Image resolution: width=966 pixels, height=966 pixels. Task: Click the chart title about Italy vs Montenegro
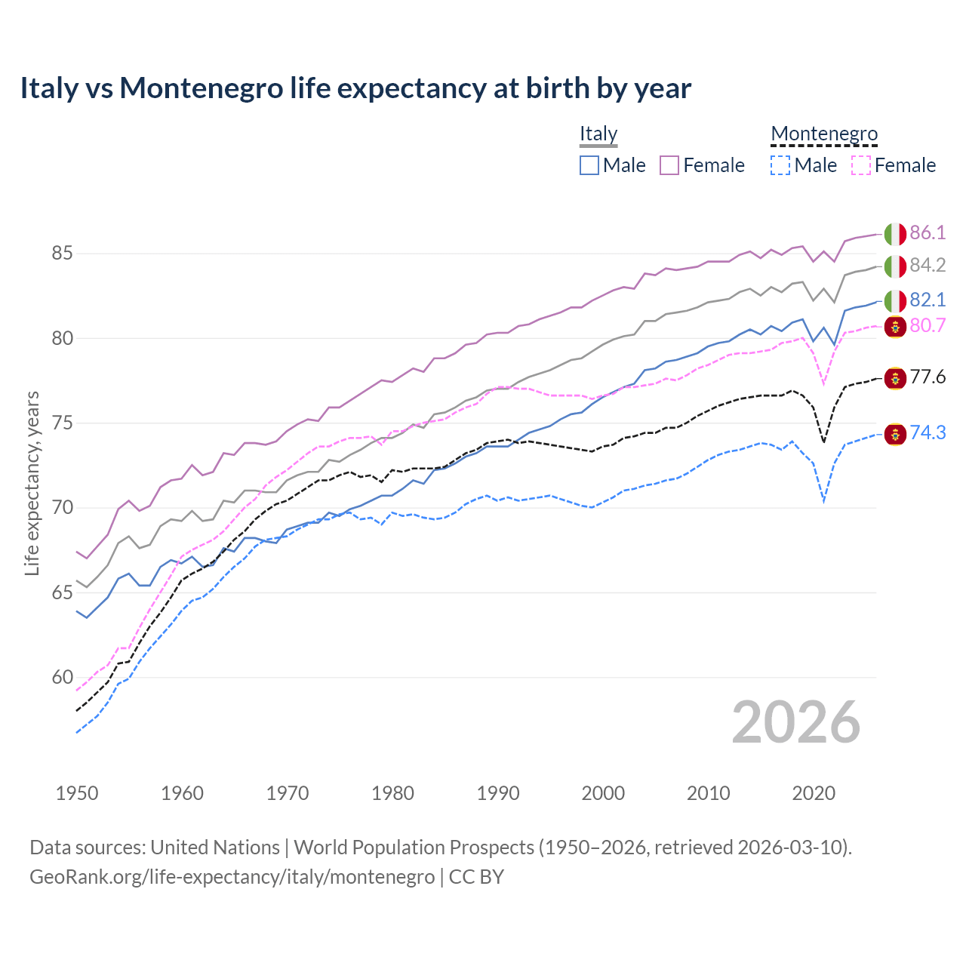click(355, 88)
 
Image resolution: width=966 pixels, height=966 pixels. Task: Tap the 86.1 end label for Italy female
click(928, 232)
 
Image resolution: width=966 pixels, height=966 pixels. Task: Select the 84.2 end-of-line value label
click(928, 265)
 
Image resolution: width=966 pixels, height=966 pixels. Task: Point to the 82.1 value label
click(928, 300)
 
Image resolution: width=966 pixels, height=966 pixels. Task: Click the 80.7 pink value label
click(928, 325)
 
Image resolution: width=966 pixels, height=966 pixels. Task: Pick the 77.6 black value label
click(928, 377)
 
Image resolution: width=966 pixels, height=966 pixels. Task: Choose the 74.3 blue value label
click(928, 432)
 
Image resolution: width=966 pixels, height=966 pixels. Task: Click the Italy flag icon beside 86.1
click(895, 234)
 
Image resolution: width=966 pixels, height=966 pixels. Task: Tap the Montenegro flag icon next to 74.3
click(895, 434)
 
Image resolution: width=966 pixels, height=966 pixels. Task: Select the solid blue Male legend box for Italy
click(589, 165)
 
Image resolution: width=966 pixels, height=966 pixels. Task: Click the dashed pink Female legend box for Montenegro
click(861, 165)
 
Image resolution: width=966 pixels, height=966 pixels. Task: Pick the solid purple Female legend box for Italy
click(669, 165)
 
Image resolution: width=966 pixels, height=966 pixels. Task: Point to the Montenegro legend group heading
click(824, 134)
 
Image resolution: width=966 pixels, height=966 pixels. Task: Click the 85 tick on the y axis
click(62, 254)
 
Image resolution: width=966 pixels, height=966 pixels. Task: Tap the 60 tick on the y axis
click(62, 678)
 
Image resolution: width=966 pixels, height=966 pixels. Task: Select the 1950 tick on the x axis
click(77, 793)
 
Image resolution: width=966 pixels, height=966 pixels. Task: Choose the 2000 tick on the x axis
click(603, 793)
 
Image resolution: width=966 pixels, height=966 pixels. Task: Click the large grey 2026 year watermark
click(795, 722)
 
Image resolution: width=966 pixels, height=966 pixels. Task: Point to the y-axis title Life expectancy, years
click(32, 483)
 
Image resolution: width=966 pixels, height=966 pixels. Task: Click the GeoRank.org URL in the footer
click(232, 877)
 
